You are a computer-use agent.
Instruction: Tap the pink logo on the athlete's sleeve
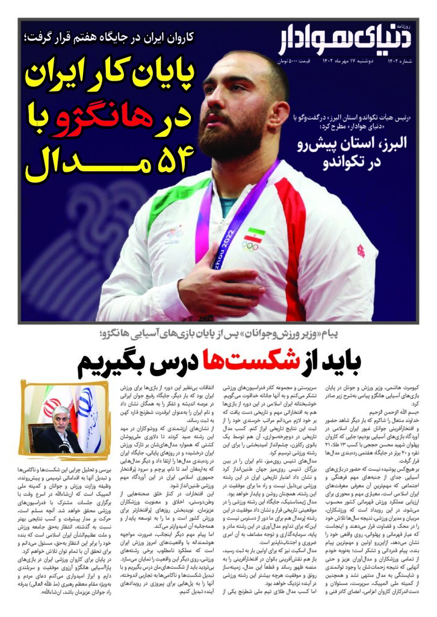pyautogui.click(x=359, y=247)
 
